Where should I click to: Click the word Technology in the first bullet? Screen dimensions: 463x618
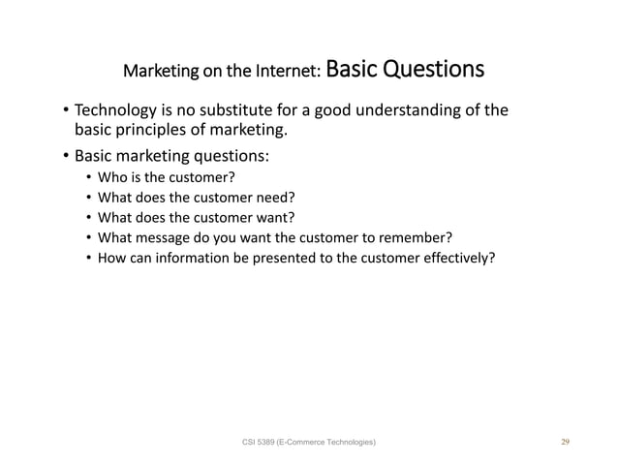[x=114, y=109]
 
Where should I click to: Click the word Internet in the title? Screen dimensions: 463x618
[x=289, y=72]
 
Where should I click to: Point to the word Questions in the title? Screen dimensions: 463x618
[x=425, y=70]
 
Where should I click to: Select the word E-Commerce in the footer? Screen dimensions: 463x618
[x=311, y=443]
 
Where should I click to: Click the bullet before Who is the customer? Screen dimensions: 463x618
[x=88, y=177]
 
